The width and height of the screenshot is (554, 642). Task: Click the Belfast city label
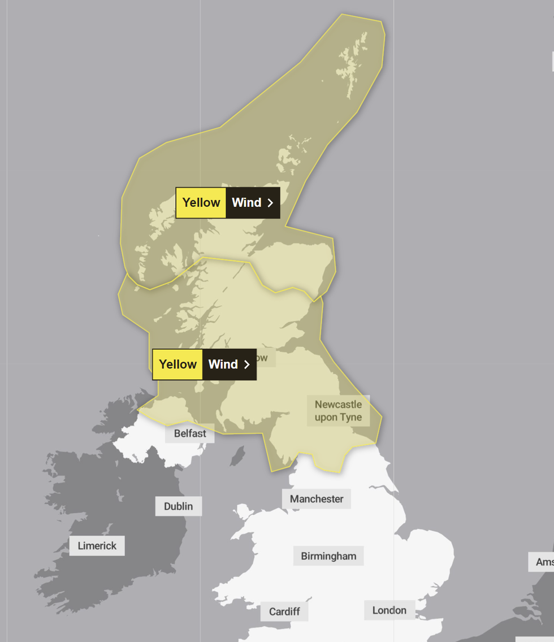[x=190, y=433]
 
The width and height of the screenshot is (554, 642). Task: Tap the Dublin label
[x=178, y=506]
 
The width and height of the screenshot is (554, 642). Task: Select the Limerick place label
[x=97, y=545]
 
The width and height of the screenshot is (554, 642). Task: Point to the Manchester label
[x=317, y=498]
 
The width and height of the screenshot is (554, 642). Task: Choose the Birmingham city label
[x=328, y=556]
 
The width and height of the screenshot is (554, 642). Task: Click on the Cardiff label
[x=284, y=611]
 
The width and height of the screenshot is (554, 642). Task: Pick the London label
[x=389, y=610]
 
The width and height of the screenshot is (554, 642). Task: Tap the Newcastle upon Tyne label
[x=338, y=411]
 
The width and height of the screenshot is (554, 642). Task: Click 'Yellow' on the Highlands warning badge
[x=201, y=202]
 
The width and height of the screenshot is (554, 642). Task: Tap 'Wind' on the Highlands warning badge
[x=246, y=202]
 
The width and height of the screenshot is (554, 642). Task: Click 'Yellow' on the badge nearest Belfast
[x=178, y=364]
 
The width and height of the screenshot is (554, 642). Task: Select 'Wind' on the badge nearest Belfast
[x=223, y=364]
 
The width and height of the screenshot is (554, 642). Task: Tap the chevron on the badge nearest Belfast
[x=246, y=365]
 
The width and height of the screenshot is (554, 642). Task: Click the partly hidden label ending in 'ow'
[x=262, y=357]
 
